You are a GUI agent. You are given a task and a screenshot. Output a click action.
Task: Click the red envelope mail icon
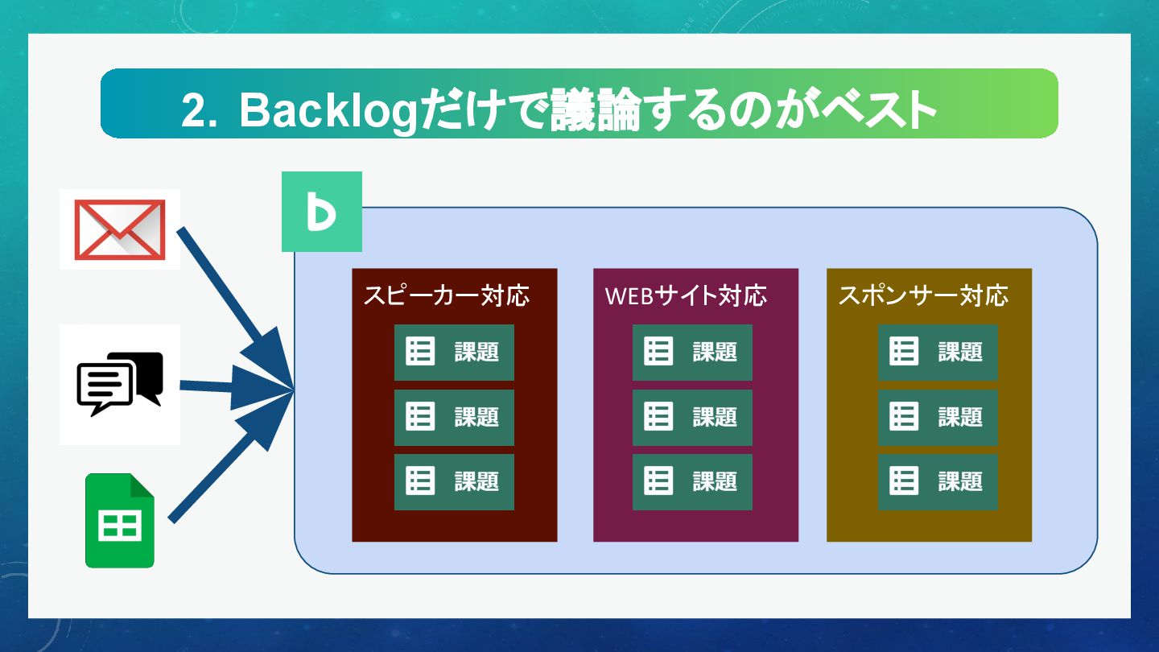[119, 229]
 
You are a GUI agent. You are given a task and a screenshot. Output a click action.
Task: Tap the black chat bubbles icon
[119, 384]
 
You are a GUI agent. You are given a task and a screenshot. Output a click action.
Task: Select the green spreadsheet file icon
[120, 521]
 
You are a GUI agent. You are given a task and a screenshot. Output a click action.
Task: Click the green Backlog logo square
[321, 212]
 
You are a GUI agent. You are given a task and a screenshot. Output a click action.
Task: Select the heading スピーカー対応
[446, 295]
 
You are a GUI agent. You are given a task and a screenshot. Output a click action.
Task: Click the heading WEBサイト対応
[686, 295]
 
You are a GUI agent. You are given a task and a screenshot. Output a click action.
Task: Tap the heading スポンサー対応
[922, 295]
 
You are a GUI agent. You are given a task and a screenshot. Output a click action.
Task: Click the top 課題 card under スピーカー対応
[454, 352]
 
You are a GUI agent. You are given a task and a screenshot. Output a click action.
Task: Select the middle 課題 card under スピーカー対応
[454, 417]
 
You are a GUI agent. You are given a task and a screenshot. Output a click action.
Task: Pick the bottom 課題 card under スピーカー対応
[454, 481]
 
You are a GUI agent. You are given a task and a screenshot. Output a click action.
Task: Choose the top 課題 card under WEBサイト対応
[692, 352]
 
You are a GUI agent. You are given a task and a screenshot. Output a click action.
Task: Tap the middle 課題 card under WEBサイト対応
[692, 417]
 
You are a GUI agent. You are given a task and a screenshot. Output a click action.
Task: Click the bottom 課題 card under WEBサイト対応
[692, 481]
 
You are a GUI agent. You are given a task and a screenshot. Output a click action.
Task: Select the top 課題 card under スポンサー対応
[938, 352]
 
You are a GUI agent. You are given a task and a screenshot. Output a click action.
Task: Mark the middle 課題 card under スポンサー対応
[938, 417]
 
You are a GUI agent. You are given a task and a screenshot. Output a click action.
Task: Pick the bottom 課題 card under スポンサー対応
[938, 481]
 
